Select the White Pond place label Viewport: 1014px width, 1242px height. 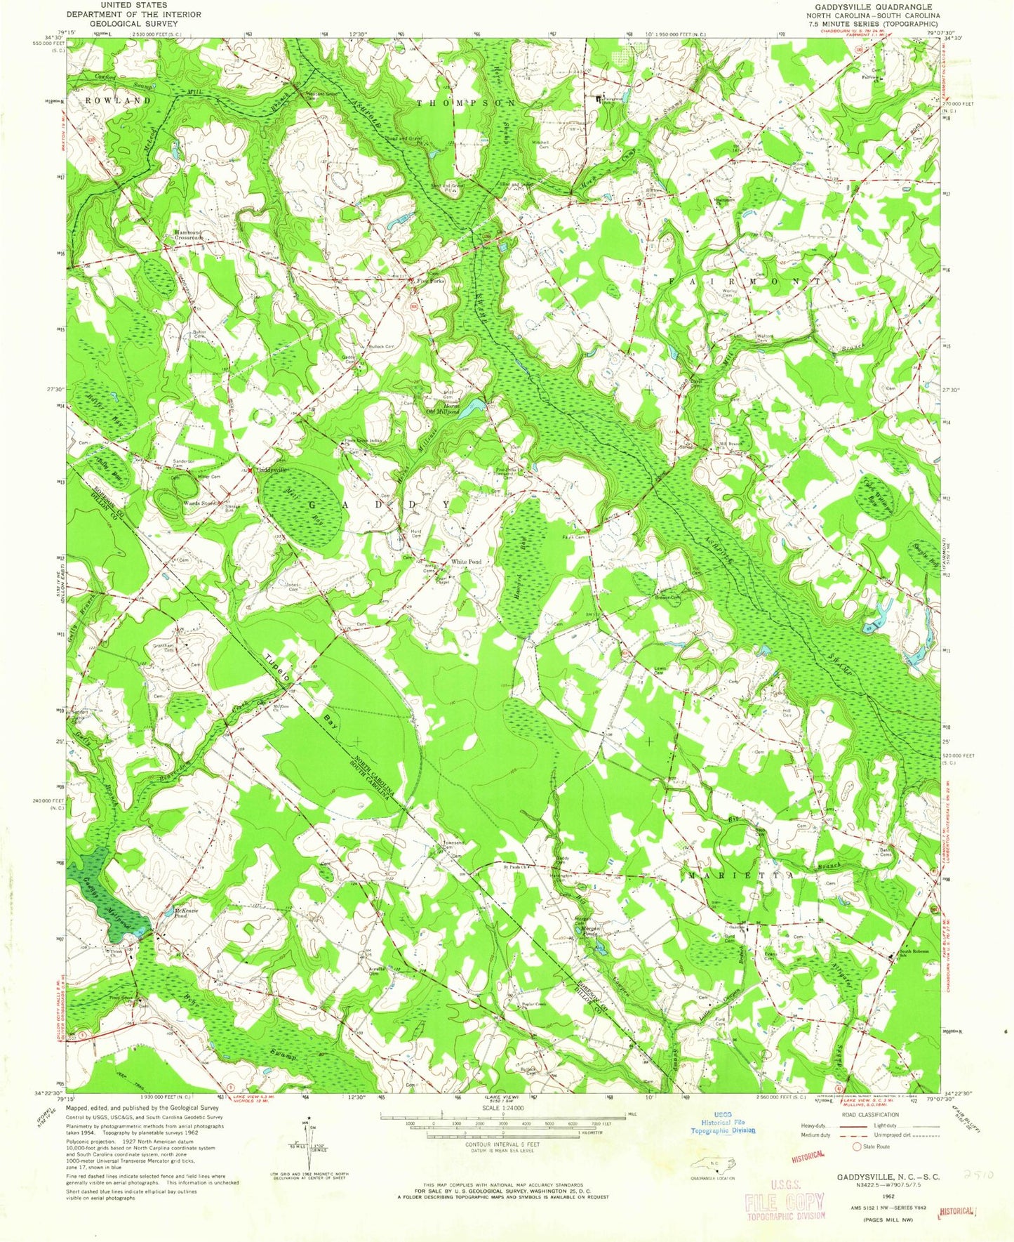click(x=466, y=562)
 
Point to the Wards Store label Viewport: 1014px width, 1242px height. click(x=199, y=503)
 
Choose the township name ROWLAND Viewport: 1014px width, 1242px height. click(x=118, y=100)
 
